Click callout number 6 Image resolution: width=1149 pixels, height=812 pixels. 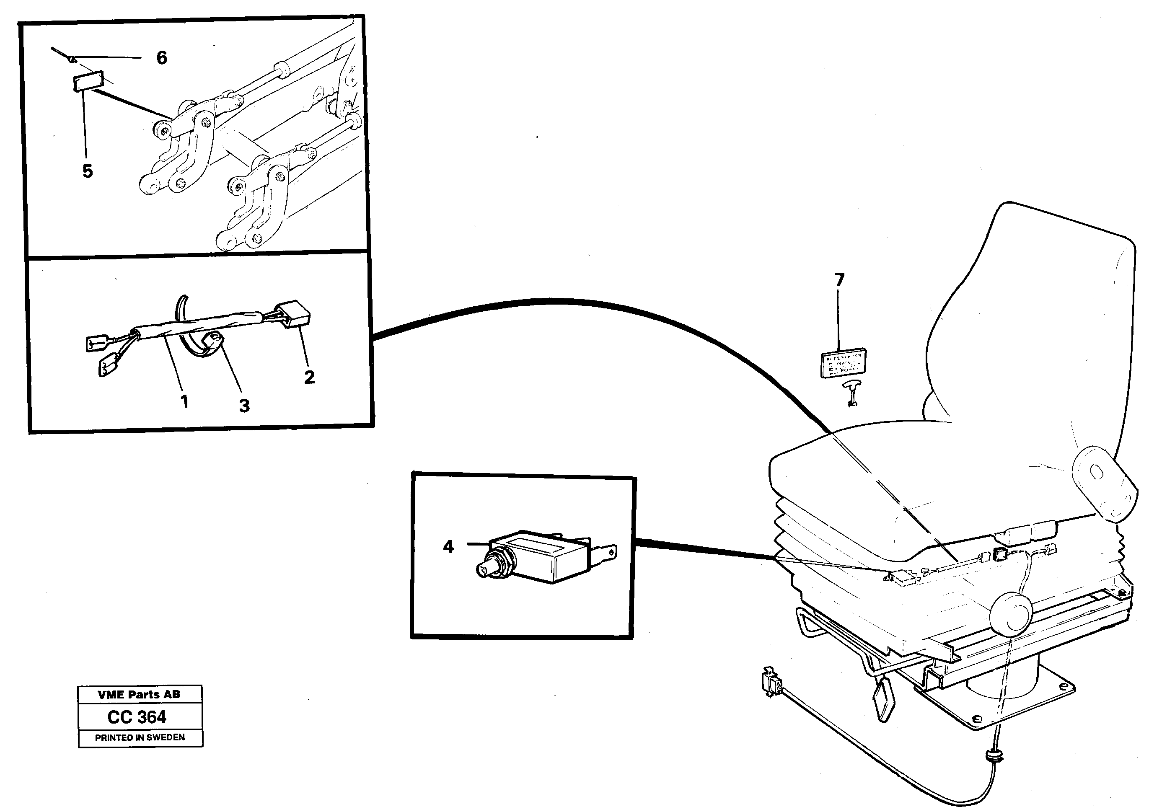tap(161, 58)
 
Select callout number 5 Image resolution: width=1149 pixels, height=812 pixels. tap(88, 172)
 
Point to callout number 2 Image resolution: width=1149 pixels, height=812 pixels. tap(309, 377)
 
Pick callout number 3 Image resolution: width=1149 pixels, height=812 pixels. tap(244, 406)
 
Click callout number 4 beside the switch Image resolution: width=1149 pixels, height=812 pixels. tap(448, 547)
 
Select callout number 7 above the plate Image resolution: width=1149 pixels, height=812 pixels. tap(839, 279)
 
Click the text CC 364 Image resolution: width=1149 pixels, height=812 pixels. tap(137, 717)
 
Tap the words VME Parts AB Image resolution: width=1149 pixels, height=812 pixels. tap(139, 694)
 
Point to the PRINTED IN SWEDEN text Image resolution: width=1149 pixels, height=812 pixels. tap(140, 737)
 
